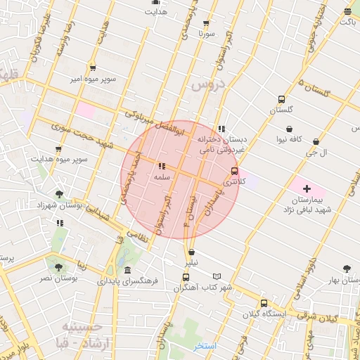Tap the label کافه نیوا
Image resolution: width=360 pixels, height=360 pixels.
tap(288, 139)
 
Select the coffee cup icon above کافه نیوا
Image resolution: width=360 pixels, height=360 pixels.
tap(289, 128)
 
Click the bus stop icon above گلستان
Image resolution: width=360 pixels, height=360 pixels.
tap(281, 99)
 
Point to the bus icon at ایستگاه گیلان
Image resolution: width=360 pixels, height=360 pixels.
tap(255, 303)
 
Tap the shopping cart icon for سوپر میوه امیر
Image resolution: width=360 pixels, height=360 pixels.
tap(93, 68)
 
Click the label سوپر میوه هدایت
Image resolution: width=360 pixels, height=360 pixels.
tap(59, 159)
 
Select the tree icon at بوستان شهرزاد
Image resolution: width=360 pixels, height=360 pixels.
tap(60, 194)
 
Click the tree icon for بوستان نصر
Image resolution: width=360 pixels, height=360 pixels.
tap(58, 267)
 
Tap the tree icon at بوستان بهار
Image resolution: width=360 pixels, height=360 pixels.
tap(347, 268)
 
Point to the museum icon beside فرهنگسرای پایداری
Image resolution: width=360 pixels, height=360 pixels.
tap(127, 270)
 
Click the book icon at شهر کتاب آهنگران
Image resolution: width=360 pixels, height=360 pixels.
tap(217, 276)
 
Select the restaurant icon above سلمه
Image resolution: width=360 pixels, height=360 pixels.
tap(162, 167)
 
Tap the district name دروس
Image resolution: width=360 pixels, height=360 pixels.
tap(205, 86)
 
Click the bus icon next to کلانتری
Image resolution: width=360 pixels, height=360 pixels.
tap(235, 170)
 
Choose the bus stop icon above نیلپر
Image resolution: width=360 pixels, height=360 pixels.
tap(191, 252)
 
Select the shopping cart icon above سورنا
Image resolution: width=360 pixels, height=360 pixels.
tap(205, 22)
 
